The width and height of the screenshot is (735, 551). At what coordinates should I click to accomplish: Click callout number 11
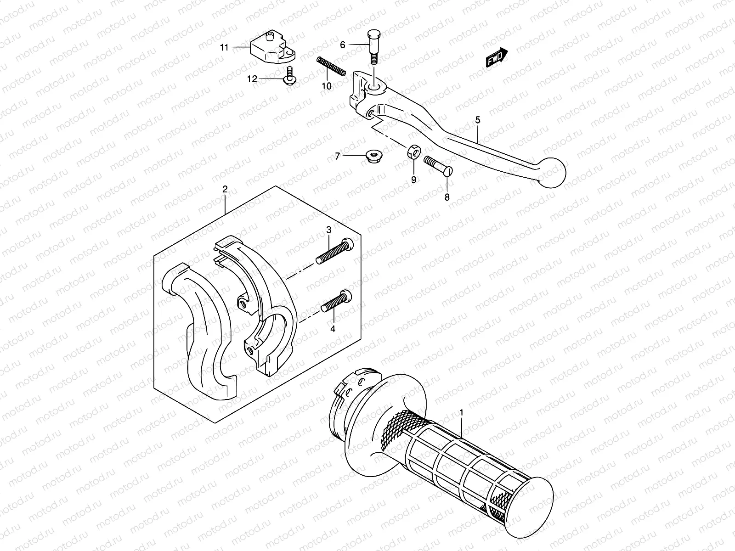[x=224, y=47]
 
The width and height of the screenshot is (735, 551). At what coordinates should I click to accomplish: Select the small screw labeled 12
[x=290, y=77]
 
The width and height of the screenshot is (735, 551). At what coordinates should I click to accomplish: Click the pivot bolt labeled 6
[x=373, y=51]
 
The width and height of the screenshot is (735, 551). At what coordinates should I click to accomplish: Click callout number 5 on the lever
[x=478, y=121]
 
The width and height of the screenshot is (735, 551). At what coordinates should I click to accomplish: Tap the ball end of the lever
[x=551, y=173]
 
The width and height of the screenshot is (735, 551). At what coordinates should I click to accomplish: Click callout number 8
[x=447, y=197]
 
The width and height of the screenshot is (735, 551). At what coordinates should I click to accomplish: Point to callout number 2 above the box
[x=225, y=189]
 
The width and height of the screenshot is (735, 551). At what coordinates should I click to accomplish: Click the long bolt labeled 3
[x=335, y=252]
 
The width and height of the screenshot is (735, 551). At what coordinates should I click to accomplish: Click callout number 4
[x=333, y=329]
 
